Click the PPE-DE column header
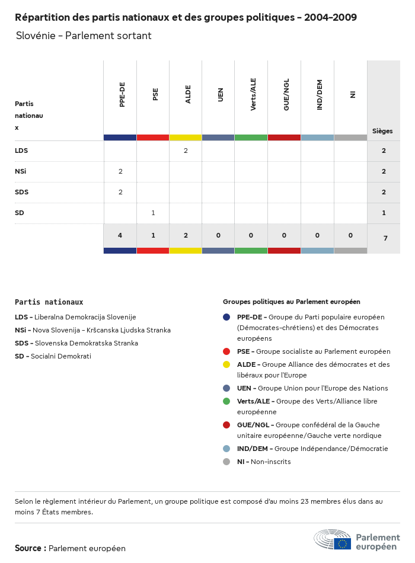point(122,95)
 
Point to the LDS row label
point(21,151)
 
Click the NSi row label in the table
point(21,171)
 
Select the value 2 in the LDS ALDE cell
point(186,151)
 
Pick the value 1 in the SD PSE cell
point(153,213)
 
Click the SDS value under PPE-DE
point(120,192)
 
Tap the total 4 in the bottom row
point(120,236)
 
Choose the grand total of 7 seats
point(385,238)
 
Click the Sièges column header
point(382,131)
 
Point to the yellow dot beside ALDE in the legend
point(226,364)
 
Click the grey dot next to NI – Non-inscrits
point(226,462)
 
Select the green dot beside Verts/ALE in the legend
point(226,401)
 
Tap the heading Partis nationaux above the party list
point(49,302)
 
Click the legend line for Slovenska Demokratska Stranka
point(76,343)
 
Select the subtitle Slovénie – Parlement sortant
point(84,36)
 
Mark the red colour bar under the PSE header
point(153,137)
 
